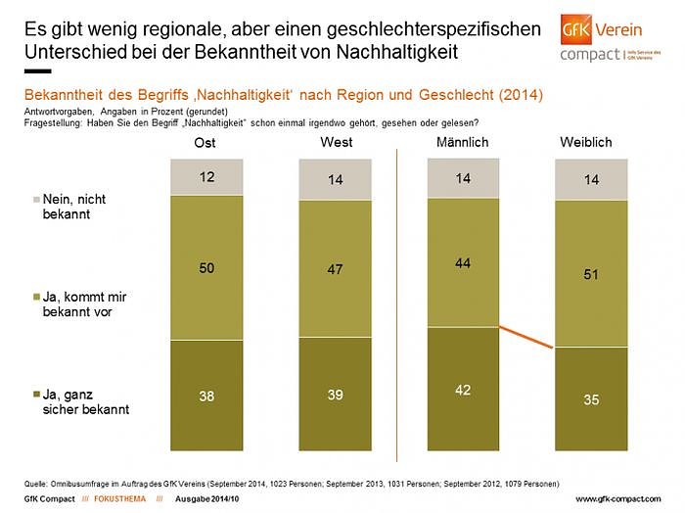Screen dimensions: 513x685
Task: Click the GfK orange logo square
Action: pyautogui.click(x=577, y=28)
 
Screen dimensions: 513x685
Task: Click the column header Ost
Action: pyautogui.click(x=206, y=143)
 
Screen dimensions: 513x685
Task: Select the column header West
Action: pyautogui.click(x=336, y=143)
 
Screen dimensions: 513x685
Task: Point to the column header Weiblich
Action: pyautogui.click(x=586, y=143)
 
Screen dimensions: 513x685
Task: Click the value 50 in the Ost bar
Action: pyautogui.click(x=206, y=267)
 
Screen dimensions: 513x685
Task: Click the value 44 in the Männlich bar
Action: pyautogui.click(x=463, y=261)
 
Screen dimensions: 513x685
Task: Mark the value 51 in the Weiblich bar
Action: pyautogui.click(x=591, y=274)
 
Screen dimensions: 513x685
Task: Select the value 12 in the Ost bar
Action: pyautogui.click(x=206, y=177)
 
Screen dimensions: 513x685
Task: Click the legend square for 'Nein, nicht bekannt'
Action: pyautogui.click(x=36, y=200)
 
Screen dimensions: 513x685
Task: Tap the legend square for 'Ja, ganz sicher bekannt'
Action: pyautogui.click(x=36, y=394)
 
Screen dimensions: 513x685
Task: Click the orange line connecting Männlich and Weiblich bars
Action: pyautogui.click(x=527, y=337)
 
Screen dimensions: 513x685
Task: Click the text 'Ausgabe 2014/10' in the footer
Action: pyautogui.click(x=205, y=498)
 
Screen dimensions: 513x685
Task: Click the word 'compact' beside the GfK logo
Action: pyautogui.click(x=589, y=56)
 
